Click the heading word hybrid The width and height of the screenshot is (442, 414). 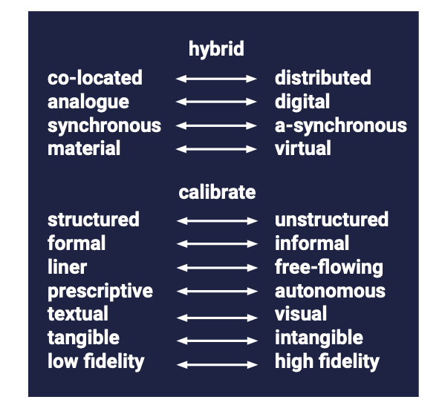pos(216,50)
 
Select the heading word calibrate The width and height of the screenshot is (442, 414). pos(217,193)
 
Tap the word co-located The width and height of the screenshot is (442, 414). pos(95,78)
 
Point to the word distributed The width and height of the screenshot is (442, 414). pos(322,78)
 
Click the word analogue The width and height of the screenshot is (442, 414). pos(88,102)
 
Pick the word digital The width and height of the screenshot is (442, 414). pos(302,102)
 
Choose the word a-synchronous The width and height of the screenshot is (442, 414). pos(341,126)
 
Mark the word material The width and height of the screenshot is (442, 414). pos(84,148)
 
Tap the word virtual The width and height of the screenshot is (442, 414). pos(303,148)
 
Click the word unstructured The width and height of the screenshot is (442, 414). pos(331,220)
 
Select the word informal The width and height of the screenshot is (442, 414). pos(312,243)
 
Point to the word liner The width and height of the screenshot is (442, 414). pos(67,266)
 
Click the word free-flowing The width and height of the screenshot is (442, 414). pos(329,268)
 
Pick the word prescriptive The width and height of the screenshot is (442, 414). pos(100,291)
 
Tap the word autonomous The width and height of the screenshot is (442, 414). pos(330,291)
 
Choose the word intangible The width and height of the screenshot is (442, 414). pos(319,338)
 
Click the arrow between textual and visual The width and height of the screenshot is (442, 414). pos(217,318)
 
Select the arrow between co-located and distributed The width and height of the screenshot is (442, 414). pos(216,79)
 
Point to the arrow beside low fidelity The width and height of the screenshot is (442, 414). pos(217,365)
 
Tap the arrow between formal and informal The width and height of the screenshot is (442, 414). pos(217,243)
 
